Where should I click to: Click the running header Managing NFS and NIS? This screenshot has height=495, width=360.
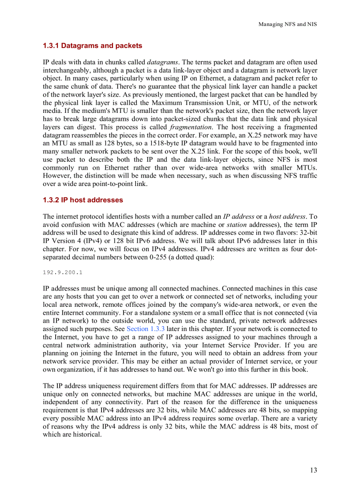(x=287, y=24)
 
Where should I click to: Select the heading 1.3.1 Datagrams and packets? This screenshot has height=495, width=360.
(x=92, y=45)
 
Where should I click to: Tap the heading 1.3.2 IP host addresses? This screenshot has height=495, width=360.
(x=83, y=200)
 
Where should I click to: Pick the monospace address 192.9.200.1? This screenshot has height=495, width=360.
(x=62, y=272)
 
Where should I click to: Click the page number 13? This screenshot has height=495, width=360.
(x=313, y=470)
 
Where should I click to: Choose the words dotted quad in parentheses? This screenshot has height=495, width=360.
(x=193, y=257)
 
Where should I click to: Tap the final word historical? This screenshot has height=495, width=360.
(x=86, y=434)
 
